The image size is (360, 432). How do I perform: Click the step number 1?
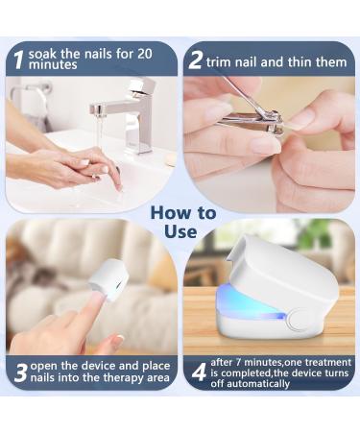pyautogui.click(x=17, y=59)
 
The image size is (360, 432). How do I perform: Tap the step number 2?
pyautogui.click(x=197, y=60)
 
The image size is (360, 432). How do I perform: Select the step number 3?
pyautogui.click(x=19, y=372)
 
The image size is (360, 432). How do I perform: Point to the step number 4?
pyautogui.click(x=199, y=372)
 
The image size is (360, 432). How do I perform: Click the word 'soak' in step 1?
pyautogui.click(x=44, y=53)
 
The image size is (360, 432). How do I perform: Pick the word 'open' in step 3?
pyautogui.click(x=47, y=365)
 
